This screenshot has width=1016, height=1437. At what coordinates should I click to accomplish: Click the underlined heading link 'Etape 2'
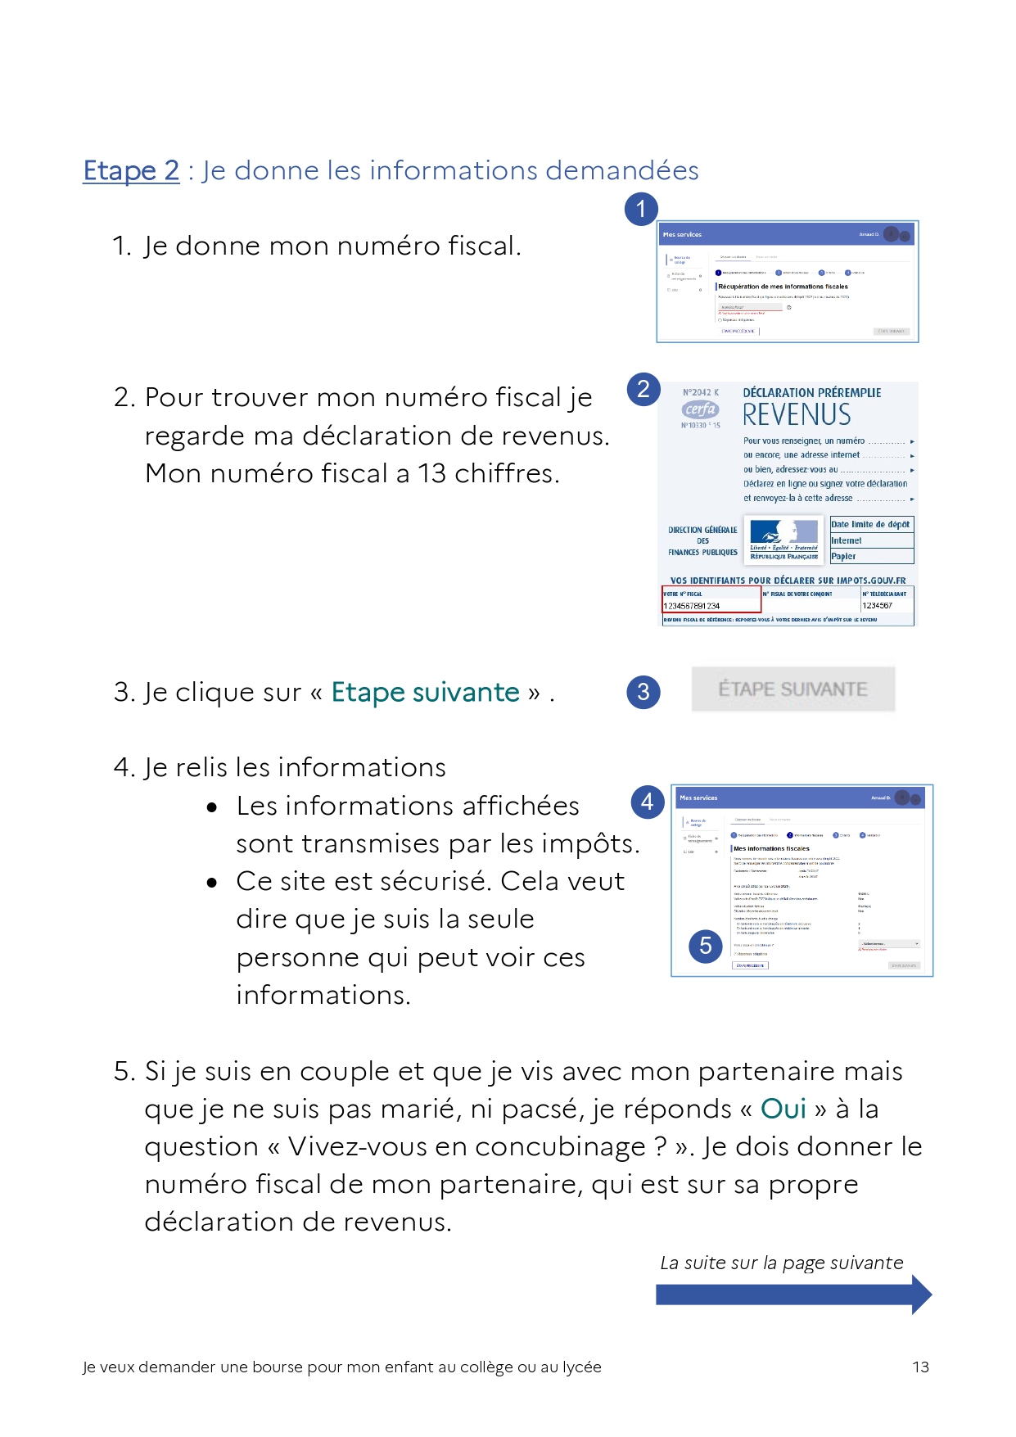[131, 170]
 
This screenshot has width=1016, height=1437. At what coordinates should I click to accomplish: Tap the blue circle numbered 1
[641, 209]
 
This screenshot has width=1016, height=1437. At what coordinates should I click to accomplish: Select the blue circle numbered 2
[643, 389]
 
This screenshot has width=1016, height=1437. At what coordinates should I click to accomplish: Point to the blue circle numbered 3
[643, 692]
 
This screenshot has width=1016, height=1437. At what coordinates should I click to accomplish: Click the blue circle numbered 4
[647, 802]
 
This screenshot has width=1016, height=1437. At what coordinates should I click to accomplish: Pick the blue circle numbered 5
[706, 947]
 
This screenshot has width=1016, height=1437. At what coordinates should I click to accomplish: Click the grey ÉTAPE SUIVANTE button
[792, 689]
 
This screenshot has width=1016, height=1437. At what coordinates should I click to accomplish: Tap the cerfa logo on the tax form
[701, 409]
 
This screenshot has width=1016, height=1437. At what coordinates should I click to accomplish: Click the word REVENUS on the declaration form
[796, 415]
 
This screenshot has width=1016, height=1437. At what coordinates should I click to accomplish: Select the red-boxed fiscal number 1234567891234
[692, 606]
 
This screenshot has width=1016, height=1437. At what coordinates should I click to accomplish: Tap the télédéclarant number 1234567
[877, 606]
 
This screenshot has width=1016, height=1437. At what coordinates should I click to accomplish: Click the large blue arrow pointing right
[792, 1295]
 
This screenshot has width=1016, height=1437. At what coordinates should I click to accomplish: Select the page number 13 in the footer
[920, 1367]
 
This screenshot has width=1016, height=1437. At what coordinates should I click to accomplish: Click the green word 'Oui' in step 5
[783, 1109]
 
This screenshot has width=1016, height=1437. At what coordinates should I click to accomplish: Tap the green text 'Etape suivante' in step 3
[425, 692]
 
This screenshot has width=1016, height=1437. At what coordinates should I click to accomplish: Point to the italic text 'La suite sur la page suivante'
[781, 1263]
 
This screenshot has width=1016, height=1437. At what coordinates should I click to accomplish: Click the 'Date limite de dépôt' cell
[870, 524]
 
